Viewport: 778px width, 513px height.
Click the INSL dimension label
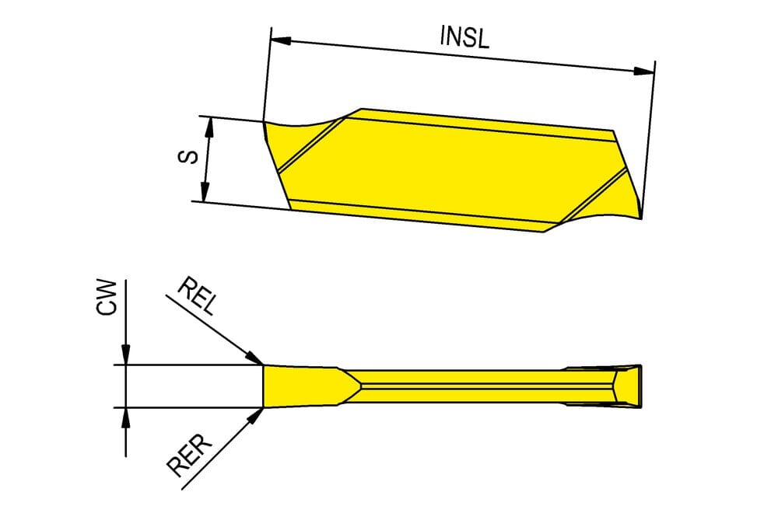[x=464, y=37]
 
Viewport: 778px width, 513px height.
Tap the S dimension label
[x=187, y=157]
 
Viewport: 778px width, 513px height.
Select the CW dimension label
[x=107, y=298]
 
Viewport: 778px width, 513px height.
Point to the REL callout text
[x=198, y=296]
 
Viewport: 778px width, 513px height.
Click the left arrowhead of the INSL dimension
[x=281, y=40]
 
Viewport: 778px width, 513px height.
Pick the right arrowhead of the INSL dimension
[x=644, y=72]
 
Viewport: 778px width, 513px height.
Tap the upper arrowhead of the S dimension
[x=209, y=127]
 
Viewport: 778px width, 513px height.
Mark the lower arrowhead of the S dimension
[x=205, y=192]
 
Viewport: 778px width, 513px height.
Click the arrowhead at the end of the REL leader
[x=254, y=358]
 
